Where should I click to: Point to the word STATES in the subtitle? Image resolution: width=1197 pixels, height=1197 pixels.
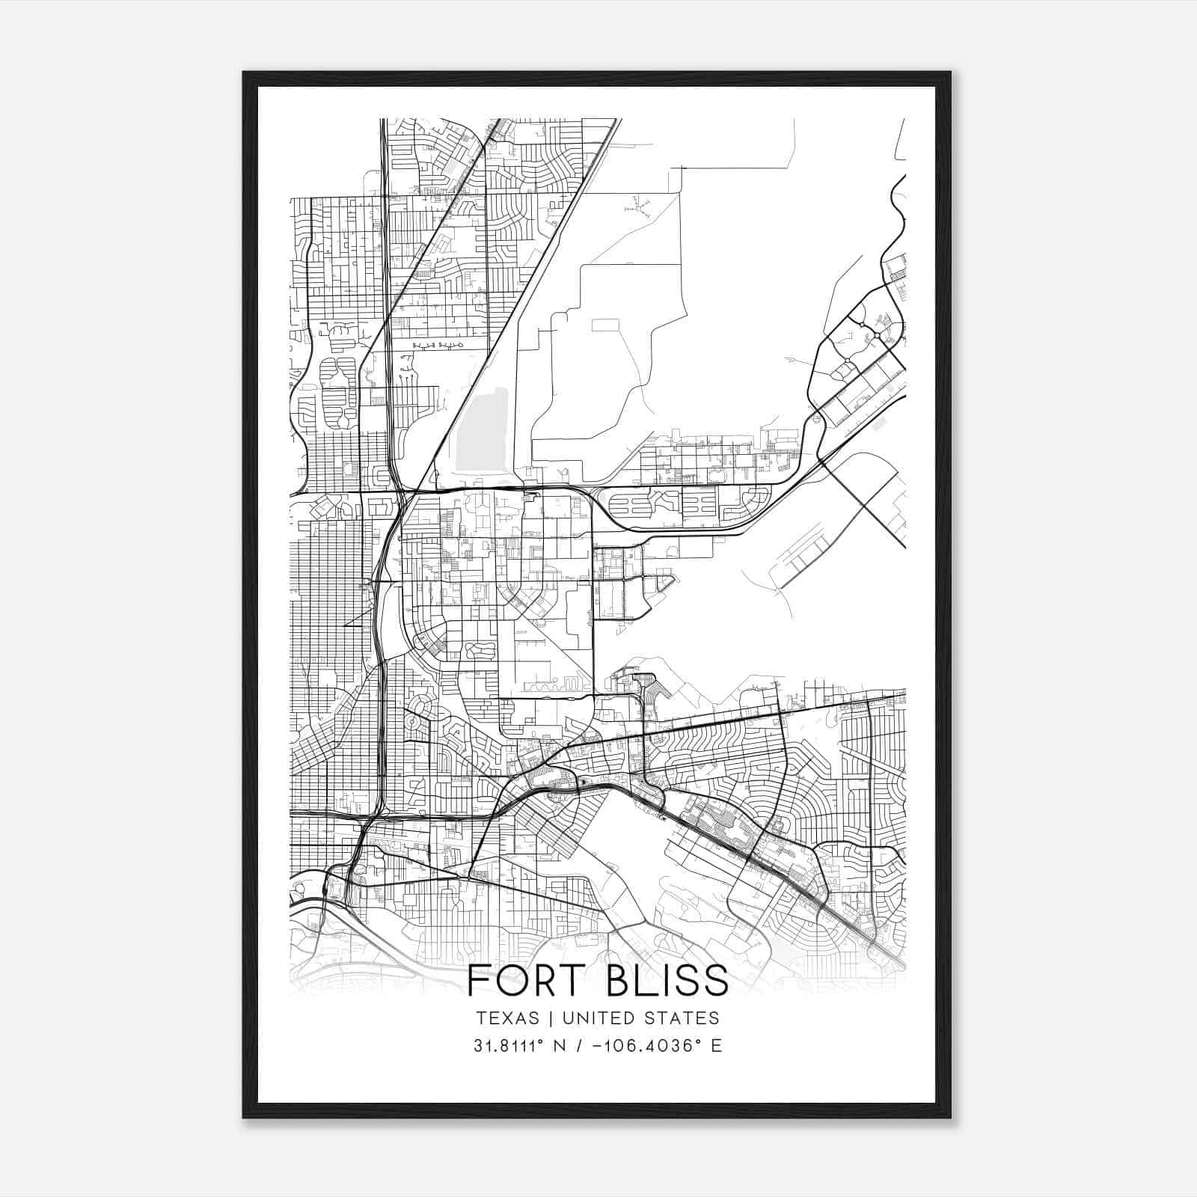tap(685, 1017)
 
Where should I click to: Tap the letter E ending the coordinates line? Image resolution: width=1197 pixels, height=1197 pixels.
tap(717, 1046)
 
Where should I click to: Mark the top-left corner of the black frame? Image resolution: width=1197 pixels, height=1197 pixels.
tap(244, 73)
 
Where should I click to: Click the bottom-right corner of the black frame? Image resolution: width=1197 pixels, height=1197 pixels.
tap(950, 1118)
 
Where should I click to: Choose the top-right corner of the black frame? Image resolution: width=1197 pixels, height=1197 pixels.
tap(950, 73)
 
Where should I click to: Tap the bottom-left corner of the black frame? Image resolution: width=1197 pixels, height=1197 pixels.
tap(244, 1118)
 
